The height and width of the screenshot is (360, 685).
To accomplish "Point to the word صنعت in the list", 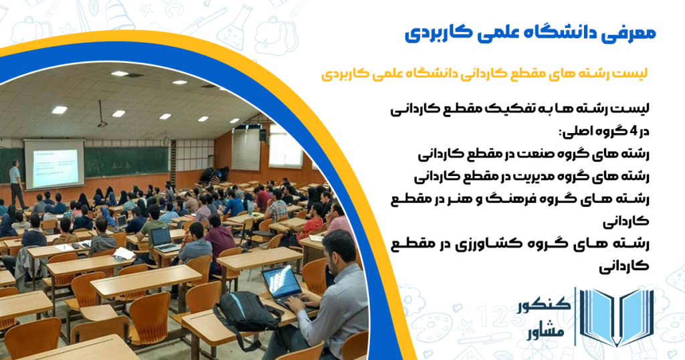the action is coord(539,154).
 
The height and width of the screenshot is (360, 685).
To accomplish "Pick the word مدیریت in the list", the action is coord(534,177).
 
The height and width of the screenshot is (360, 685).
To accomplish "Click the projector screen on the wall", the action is coord(54,164).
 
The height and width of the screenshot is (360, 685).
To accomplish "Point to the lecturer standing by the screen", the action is coord(17,183).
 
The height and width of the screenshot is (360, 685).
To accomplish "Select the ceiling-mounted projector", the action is coord(102,122).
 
